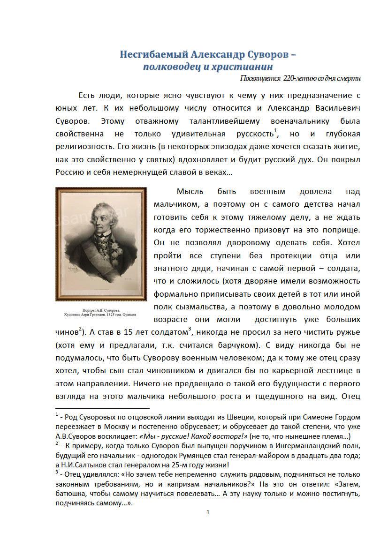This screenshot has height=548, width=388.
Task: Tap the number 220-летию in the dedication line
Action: (x=300, y=78)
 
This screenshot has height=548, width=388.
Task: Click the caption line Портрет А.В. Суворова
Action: (x=101, y=310)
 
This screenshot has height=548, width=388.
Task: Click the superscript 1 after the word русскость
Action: (x=276, y=130)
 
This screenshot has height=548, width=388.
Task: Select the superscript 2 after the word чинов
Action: (x=80, y=329)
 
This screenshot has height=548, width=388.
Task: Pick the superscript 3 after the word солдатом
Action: (x=189, y=329)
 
